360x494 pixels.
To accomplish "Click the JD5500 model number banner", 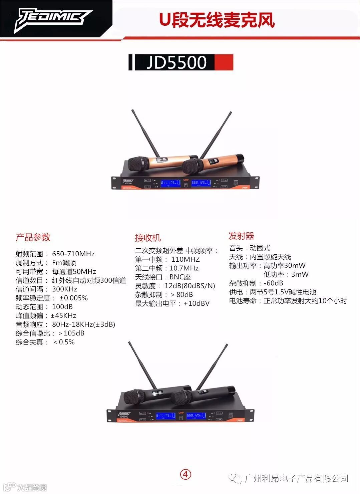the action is (x=181, y=62).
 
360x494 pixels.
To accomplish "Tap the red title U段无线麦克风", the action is (x=217, y=20).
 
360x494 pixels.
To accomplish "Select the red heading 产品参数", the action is (x=33, y=237).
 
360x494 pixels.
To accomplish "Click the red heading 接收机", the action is (x=148, y=238).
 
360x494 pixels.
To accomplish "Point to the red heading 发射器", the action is (x=242, y=236).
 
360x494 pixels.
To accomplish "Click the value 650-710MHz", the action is (x=73, y=254).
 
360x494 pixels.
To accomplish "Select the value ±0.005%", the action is (x=74, y=298).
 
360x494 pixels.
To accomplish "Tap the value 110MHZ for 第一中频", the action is (x=186, y=259).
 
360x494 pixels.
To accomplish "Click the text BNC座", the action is (x=180, y=277).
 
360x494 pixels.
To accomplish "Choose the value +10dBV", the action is (x=197, y=303).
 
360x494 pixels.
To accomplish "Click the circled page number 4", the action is (x=186, y=474).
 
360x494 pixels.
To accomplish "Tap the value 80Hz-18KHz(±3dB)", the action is (x=83, y=324).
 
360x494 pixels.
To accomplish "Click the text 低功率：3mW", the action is (x=286, y=274).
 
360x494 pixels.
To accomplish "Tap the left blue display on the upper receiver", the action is (x=170, y=183).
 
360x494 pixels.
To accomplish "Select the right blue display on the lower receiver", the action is (x=196, y=416).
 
